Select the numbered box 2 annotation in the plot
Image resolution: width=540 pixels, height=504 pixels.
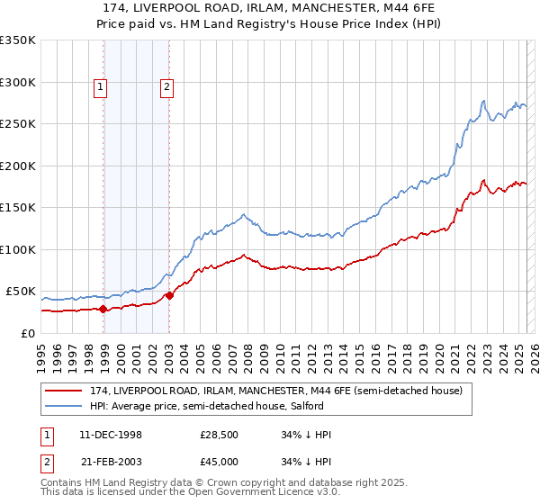click(x=167, y=87)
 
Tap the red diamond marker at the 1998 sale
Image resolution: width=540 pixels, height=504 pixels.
click(x=103, y=309)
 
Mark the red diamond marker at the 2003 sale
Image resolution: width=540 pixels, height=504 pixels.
click(x=169, y=295)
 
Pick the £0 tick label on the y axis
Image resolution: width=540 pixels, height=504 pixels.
click(x=28, y=333)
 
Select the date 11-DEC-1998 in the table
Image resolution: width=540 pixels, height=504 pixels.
click(x=111, y=435)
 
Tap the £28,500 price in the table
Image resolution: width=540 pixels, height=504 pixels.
click(x=220, y=435)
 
